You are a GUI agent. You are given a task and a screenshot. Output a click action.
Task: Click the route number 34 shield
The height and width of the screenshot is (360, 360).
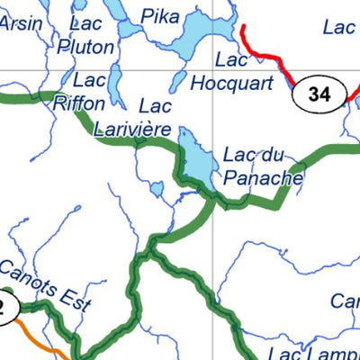pos(318,94)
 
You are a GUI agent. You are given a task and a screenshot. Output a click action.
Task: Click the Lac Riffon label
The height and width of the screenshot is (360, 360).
pos(79,91)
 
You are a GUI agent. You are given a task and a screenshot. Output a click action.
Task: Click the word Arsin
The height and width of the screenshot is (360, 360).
pos(20,23)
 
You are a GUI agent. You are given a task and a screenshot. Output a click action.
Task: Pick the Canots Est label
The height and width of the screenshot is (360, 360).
pos(45,283)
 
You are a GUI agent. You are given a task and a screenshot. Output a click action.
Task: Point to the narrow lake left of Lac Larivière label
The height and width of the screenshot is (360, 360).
pos(116,85)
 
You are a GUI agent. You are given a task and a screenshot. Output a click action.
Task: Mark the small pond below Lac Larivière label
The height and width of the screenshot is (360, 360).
pos(157,190)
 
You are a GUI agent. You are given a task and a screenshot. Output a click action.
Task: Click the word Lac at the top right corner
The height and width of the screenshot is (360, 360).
pos(339,28)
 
